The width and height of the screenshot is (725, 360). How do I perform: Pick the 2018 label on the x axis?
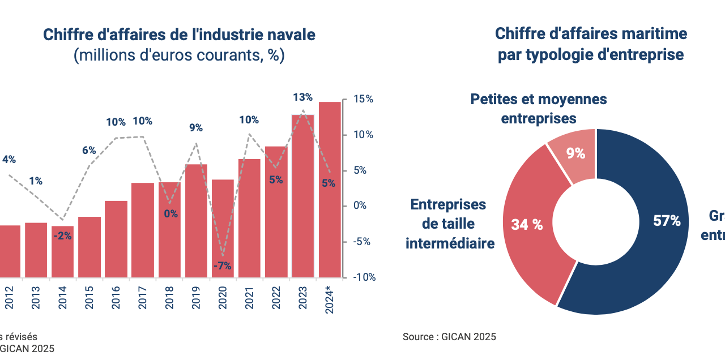[169, 296]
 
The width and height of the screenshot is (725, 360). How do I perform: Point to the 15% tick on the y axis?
[362, 99]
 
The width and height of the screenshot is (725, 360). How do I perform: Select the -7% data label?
[222, 266]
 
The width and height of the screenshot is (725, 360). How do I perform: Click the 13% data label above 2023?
[302, 98]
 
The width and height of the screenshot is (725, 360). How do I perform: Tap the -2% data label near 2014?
[62, 236]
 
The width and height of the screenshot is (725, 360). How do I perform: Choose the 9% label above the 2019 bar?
[196, 128]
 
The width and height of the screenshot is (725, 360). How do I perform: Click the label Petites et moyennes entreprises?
[539, 109]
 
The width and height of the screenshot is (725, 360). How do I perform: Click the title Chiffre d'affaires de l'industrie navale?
[179, 35]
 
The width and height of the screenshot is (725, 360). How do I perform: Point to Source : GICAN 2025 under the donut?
[449, 337]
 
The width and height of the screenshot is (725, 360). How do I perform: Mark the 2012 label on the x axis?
[9, 296]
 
